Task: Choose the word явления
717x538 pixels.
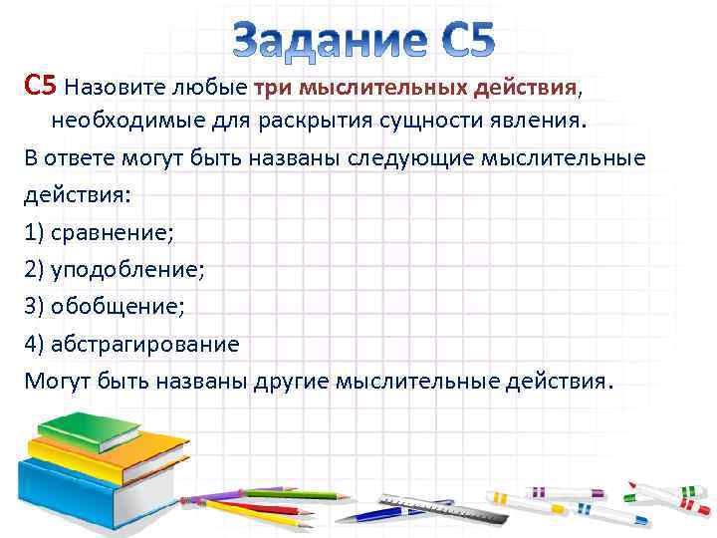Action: click(539, 122)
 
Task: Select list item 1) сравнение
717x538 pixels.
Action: click(99, 232)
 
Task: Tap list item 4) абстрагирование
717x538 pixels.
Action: click(131, 344)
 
